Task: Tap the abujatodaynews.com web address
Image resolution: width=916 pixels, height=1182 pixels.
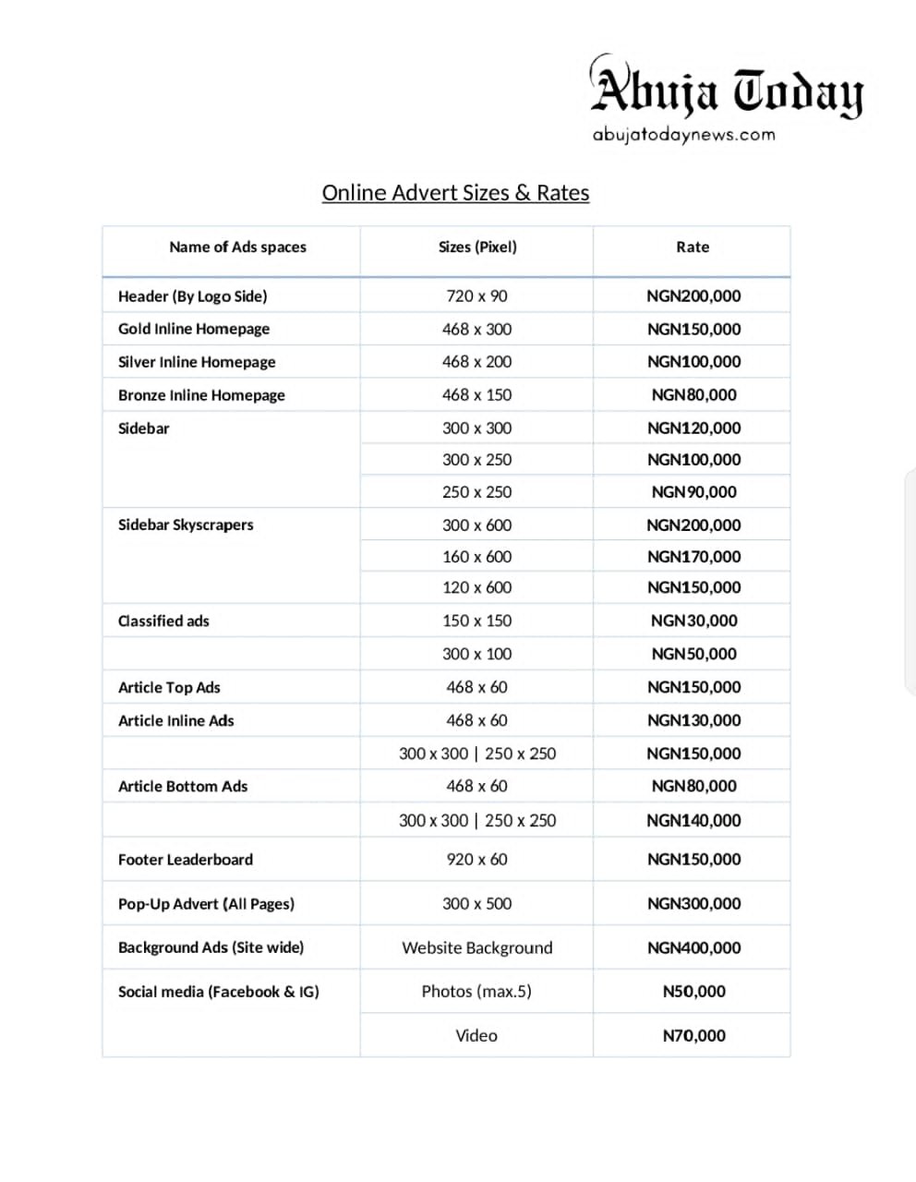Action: pyautogui.click(x=683, y=135)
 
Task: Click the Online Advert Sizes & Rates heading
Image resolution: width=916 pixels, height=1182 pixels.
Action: pyautogui.click(x=455, y=193)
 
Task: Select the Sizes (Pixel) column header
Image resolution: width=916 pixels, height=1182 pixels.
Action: pyautogui.click(x=477, y=247)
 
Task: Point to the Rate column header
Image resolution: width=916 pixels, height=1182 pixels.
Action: pyautogui.click(x=693, y=247)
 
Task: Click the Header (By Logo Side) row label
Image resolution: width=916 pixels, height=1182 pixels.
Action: pyautogui.click(x=192, y=296)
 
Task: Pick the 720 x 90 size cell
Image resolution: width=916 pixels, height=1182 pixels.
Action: pyautogui.click(x=476, y=296)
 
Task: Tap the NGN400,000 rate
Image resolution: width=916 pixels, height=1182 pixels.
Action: pyautogui.click(x=693, y=947)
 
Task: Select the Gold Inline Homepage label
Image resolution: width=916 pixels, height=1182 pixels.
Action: pyautogui.click(x=194, y=329)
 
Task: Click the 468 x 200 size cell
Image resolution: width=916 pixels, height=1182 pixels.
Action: pyautogui.click(x=476, y=362)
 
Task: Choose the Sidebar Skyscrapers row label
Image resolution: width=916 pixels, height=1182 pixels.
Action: pyautogui.click(x=186, y=525)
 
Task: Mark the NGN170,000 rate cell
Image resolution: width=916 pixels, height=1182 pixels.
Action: pyautogui.click(x=693, y=557)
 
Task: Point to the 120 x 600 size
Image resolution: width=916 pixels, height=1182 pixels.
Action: pyautogui.click(x=476, y=587)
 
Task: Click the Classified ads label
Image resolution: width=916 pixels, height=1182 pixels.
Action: pyautogui.click(x=163, y=621)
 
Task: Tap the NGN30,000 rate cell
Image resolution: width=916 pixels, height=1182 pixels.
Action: pyautogui.click(x=693, y=621)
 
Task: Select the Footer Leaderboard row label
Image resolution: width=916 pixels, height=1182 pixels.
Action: pyautogui.click(x=186, y=860)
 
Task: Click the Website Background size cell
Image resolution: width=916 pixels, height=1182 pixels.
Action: pyautogui.click(x=476, y=947)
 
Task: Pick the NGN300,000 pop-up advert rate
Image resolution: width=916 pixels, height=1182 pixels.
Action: pyautogui.click(x=693, y=904)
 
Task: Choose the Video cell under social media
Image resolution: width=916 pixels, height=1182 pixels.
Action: pyautogui.click(x=476, y=1036)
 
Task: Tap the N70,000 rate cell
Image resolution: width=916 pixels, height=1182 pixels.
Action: pyautogui.click(x=693, y=1036)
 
